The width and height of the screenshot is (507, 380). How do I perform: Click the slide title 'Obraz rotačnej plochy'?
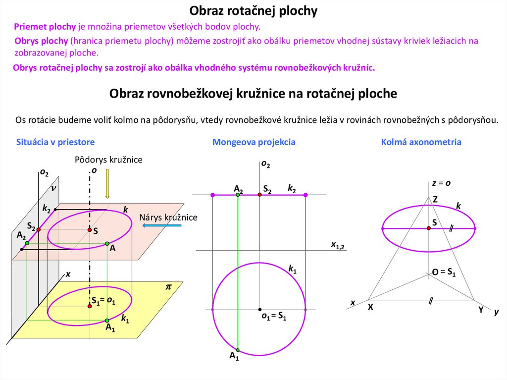coord(253,11)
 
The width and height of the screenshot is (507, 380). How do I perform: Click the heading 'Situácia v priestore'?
coord(55,142)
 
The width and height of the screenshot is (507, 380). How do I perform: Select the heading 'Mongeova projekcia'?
coord(253,142)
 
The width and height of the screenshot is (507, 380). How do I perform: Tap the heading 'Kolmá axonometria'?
coord(421,142)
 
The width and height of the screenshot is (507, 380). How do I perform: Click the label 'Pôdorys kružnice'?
coord(108,160)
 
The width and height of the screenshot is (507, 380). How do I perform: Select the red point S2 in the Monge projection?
coord(259,195)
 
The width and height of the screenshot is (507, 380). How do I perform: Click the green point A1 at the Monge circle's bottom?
coord(238,349)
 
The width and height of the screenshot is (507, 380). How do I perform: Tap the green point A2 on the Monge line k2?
coord(238,195)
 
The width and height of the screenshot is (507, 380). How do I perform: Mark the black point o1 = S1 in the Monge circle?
coord(259,310)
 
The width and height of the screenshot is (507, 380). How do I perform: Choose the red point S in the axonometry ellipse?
coord(429,228)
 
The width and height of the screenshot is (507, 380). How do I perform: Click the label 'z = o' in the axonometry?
coord(441,183)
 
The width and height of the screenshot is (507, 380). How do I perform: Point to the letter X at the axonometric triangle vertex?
coord(370,307)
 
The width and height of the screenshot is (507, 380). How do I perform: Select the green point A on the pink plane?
coord(107,243)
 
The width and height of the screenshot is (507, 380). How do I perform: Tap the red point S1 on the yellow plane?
coord(90,306)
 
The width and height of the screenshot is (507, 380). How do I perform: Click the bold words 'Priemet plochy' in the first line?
coord(45,27)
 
